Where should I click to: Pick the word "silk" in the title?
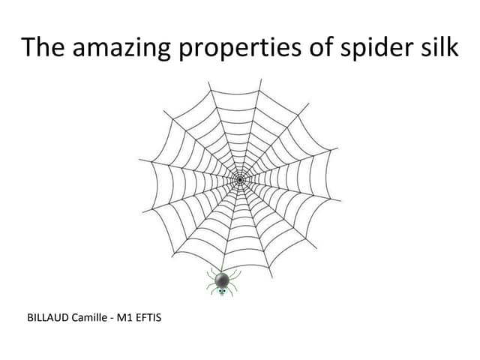pos(438,48)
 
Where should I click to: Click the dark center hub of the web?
pos(239,179)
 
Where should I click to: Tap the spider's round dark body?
pos(222,280)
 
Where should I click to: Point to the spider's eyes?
pos(222,290)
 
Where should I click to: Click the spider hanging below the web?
pos(222,282)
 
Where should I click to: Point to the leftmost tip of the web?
pos(139,158)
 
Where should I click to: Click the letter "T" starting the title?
pos(28,48)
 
